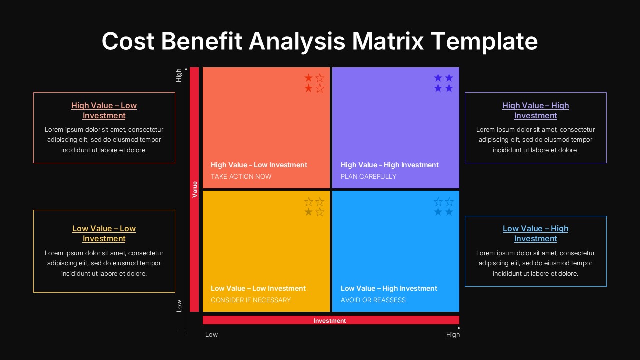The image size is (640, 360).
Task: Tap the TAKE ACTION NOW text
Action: click(241, 176)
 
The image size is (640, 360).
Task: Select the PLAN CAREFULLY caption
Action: click(368, 176)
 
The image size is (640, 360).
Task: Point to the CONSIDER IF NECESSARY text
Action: click(251, 300)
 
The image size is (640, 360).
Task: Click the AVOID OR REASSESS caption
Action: click(373, 300)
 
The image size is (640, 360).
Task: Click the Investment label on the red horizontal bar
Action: click(330, 321)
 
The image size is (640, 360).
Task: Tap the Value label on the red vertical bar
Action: click(195, 189)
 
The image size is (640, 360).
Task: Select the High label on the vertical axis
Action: click(179, 75)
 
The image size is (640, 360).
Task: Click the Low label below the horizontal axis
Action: click(211, 334)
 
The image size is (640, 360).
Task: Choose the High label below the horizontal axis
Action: click(453, 334)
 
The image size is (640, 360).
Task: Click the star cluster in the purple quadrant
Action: click(444, 83)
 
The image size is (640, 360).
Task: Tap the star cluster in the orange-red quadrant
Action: click(314, 83)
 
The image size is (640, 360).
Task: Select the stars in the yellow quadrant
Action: click(314, 207)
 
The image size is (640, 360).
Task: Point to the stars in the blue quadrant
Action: click(444, 207)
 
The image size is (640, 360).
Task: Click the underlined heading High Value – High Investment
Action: click(535, 110)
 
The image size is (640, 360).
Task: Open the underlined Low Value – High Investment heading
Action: click(535, 233)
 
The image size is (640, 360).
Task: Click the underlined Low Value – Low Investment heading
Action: click(104, 233)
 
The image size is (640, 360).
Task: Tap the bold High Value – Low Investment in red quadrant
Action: click(259, 165)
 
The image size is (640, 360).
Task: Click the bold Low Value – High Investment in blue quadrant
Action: click(389, 288)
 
